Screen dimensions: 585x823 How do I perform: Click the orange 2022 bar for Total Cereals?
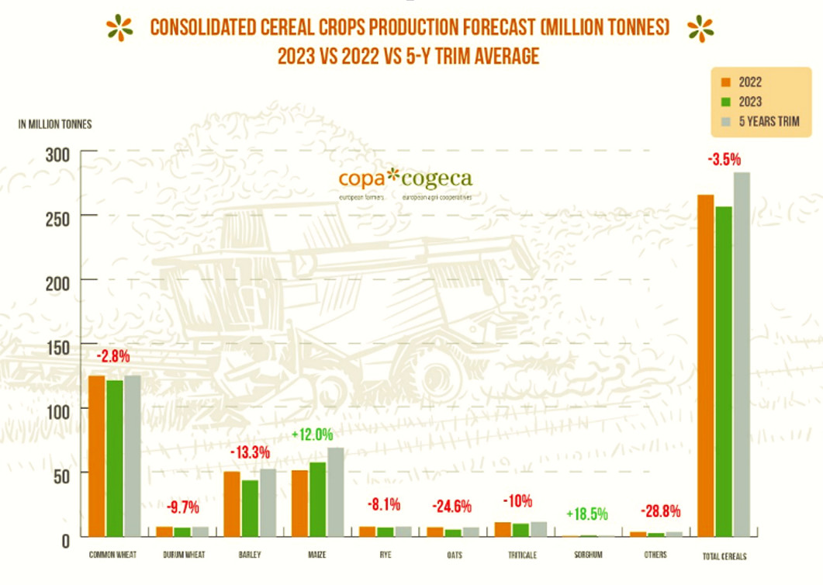(706, 365)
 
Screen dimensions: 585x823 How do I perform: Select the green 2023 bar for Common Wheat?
(115, 458)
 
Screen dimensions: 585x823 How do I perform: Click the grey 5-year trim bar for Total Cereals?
(742, 354)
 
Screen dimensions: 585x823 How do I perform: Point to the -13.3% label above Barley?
(250, 452)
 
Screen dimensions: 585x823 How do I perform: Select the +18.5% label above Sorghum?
(587, 514)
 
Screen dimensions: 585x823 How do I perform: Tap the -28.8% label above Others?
(660, 511)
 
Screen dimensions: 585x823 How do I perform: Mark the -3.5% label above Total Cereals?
(724, 160)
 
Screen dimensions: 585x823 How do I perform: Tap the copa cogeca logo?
(405, 180)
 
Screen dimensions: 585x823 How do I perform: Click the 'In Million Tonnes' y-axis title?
(55, 125)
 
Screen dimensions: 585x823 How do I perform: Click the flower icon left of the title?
(120, 28)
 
